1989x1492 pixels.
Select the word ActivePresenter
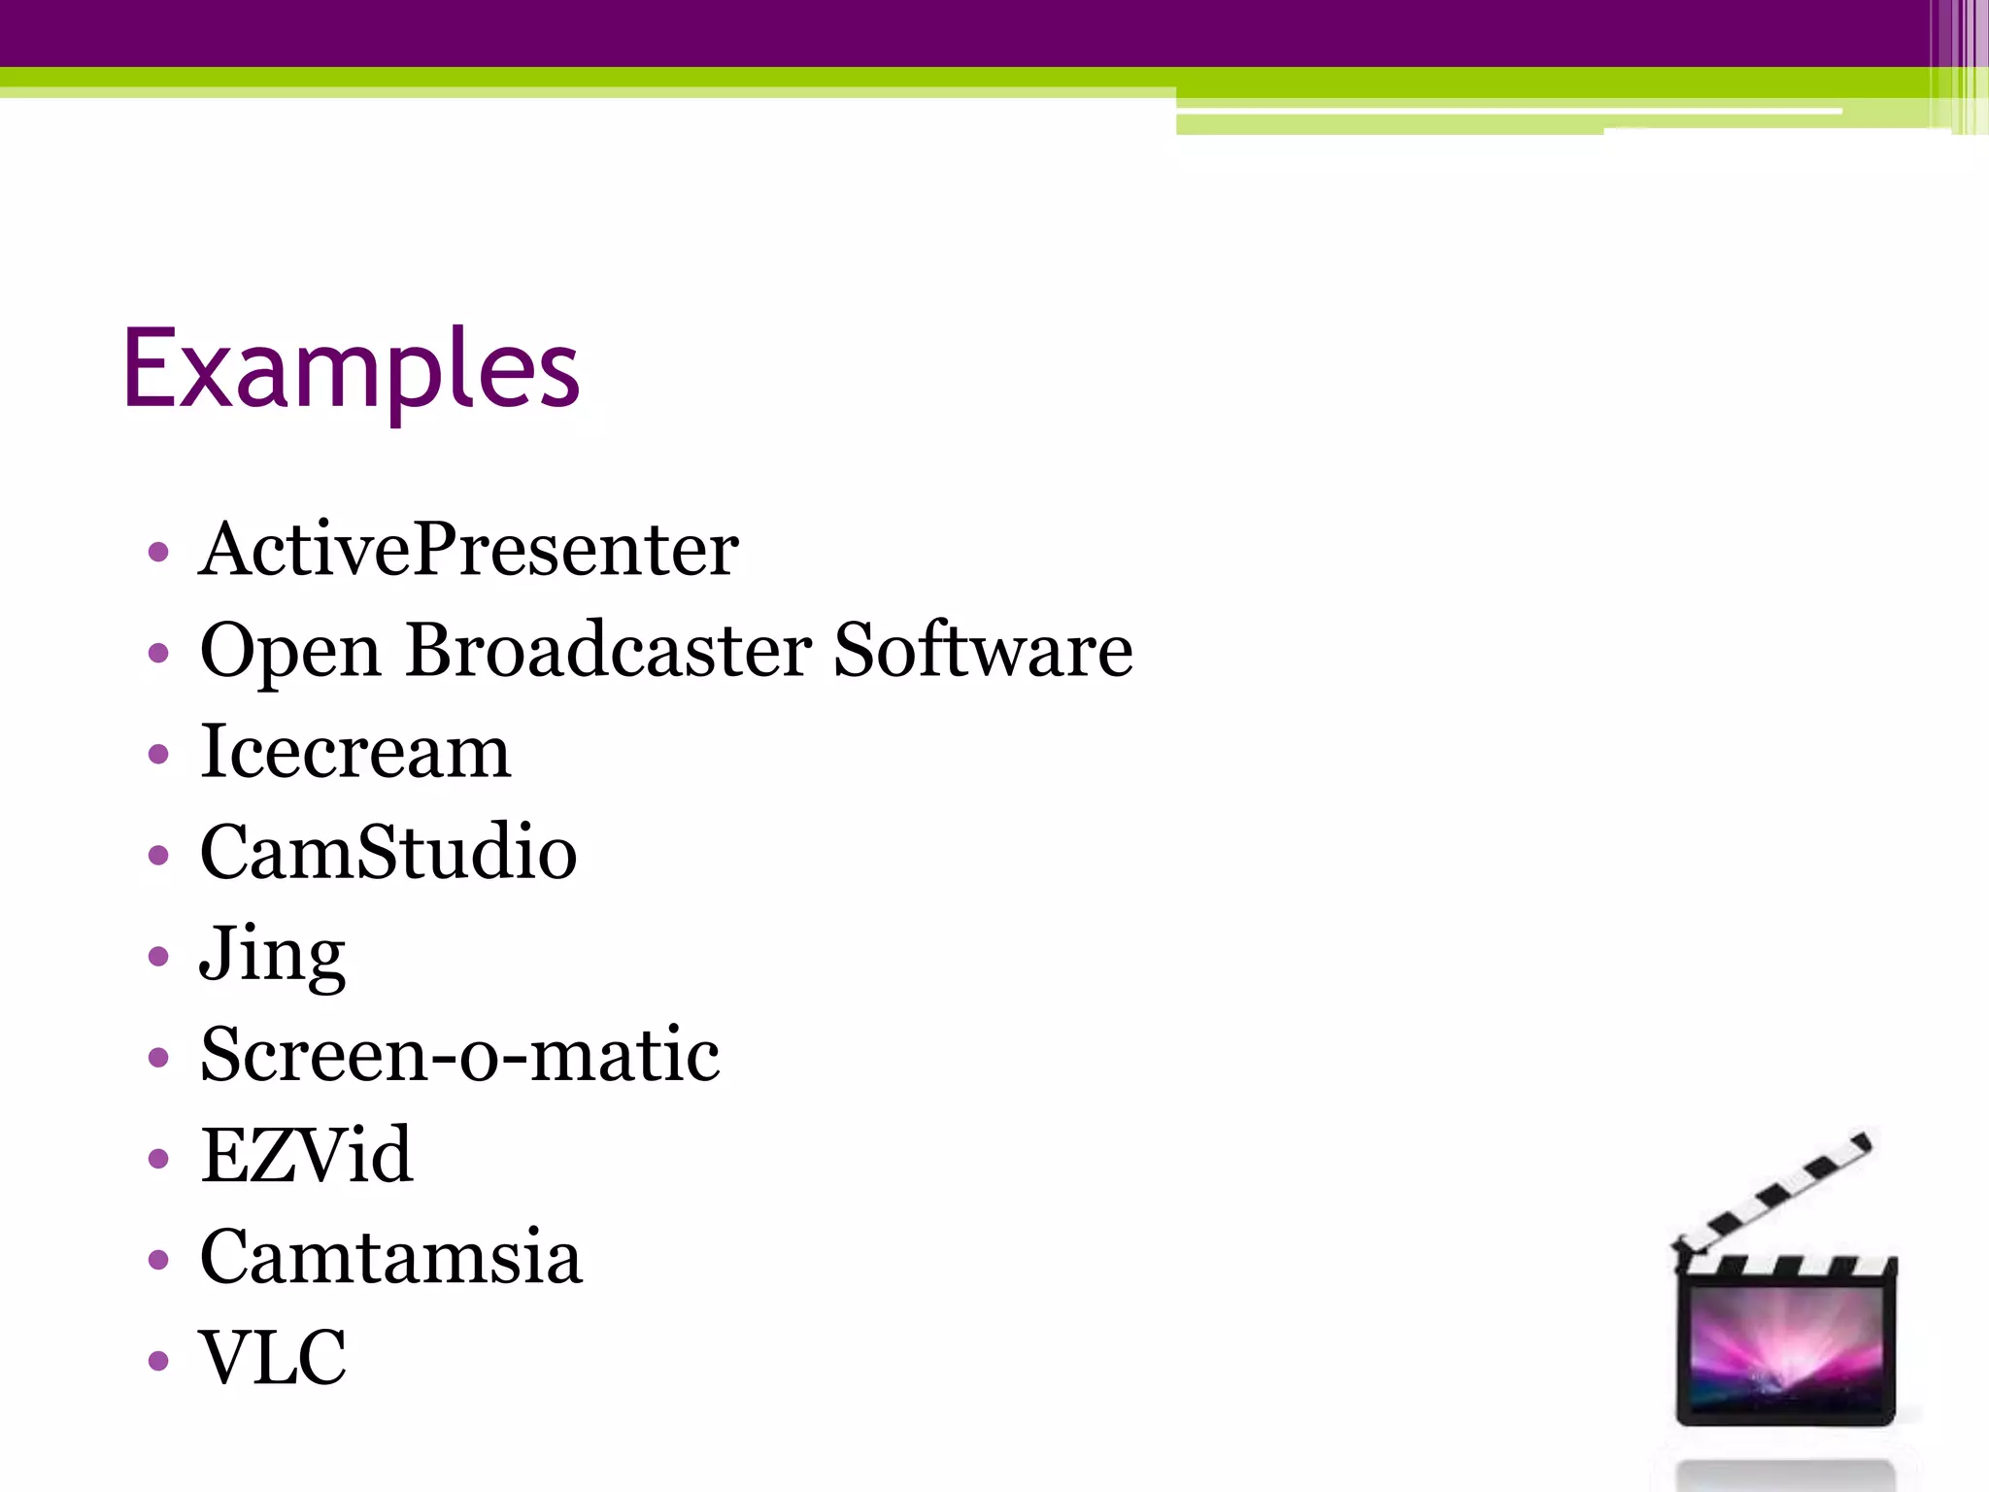point(468,550)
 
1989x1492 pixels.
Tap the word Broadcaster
point(609,650)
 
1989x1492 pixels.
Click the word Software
point(983,650)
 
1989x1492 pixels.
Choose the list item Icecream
point(354,752)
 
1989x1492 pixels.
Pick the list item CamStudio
point(388,852)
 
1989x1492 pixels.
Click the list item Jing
point(272,955)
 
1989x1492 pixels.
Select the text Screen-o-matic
point(459,1055)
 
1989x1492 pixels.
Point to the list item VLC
point(273,1357)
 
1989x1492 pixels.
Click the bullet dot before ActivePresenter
point(159,554)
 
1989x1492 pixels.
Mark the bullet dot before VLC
point(159,1360)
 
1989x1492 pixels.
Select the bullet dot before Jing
point(159,957)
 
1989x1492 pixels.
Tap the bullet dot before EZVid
point(159,1158)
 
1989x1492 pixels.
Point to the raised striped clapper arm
point(1773,1194)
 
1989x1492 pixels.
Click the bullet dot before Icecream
point(159,755)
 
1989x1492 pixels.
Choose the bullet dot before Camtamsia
point(159,1260)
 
